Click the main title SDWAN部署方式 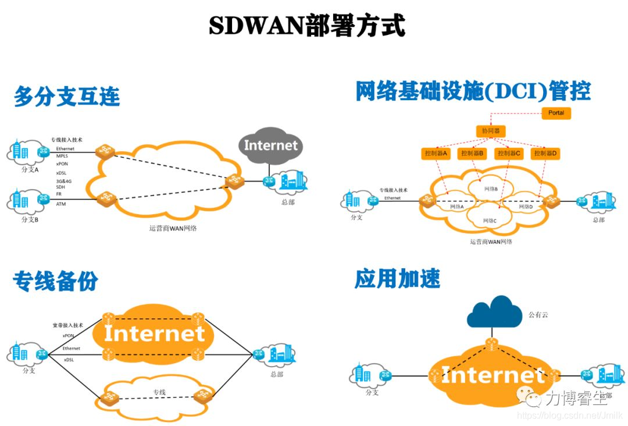pyautogui.click(x=307, y=26)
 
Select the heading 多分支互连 pyautogui.click(x=67, y=96)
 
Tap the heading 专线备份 pyautogui.click(x=55, y=282)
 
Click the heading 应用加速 pyautogui.click(x=397, y=279)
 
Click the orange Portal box pyautogui.click(x=556, y=113)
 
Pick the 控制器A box pyautogui.click(x=436, y=154)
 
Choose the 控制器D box pyautogui.click(x=545, y=154)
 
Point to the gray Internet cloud pyautogui.click(x=270, y=145)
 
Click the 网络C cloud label pyautogui.click(x=490, y=221)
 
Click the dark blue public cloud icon pyautogui.click(x=494, y=313)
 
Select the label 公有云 pyautogui.click(x=538, y=315)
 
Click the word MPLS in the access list pyautogui.click(x=62, y=156)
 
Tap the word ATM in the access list pyautogui.click(x=61, y=204)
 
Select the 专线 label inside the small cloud pyautogui.click(x=159, y=392)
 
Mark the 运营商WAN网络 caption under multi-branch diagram pyautogui.click(x=173, y=228)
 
